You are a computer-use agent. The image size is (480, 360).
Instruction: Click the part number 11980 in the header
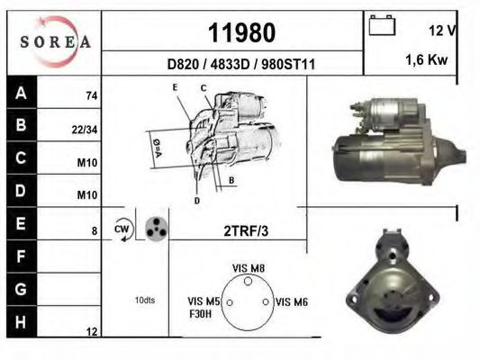click(242, 32)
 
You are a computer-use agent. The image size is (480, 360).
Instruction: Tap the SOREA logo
click(55, 41)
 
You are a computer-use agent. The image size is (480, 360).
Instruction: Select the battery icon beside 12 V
click(382, 25)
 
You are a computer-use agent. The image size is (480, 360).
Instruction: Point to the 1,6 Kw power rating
click(427, 60)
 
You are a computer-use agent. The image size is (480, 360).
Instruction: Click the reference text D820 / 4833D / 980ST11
click(241, 65)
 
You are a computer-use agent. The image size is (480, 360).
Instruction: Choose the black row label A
click(22, 92)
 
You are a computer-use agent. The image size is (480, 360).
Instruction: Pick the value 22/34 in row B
click(85, 130)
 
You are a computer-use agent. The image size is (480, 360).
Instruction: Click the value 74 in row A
click(92, 96)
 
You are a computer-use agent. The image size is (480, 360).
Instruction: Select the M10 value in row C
click(87, 163)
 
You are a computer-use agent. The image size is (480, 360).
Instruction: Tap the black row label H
click(21, 322)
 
